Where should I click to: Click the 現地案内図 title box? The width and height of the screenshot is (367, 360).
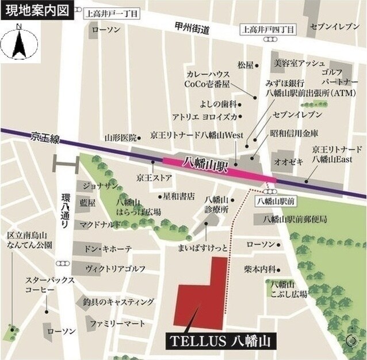(36, 10)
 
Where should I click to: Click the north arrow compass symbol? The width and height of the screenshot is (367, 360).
(18, 43)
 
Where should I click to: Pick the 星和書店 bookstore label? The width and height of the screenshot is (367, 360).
(179, 196)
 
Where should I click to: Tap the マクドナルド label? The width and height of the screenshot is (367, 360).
(100, 225)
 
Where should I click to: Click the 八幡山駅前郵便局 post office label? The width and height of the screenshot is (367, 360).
(295, 219)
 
